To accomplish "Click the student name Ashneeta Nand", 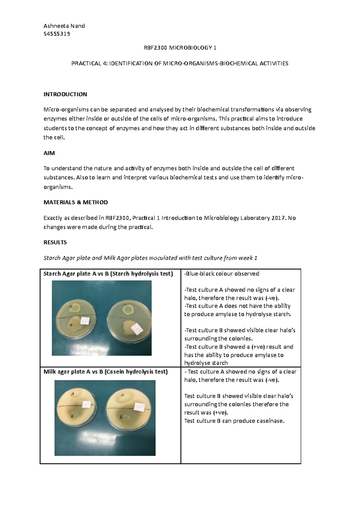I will click(64, 26).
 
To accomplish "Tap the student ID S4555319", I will click(57, 34).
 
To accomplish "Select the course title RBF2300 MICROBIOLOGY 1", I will click(180, 48).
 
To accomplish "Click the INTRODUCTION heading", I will click(65, 94).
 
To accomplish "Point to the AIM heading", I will click(49, 153).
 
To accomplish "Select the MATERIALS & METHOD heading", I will click(76, 202).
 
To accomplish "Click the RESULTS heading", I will click(55, 242).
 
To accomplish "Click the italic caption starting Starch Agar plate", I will click(150, 258).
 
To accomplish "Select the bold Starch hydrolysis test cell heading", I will click(108, 274).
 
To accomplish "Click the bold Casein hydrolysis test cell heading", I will click(105, 372).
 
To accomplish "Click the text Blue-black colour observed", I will click(222, 274).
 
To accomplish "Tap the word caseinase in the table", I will click(268, 421).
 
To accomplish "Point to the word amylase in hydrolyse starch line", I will click(226, 314).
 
